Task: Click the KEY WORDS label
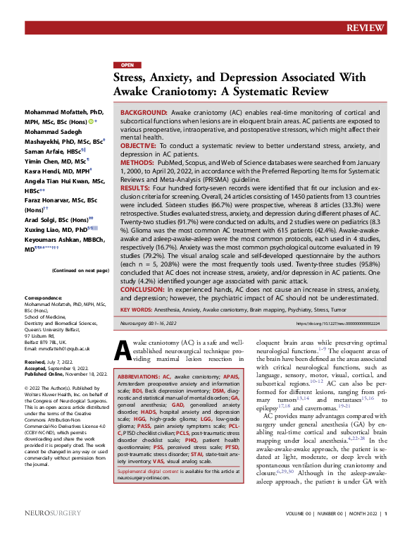coord(135,309)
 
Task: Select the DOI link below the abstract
coord(349,324)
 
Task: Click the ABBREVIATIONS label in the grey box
coord(141,377)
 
